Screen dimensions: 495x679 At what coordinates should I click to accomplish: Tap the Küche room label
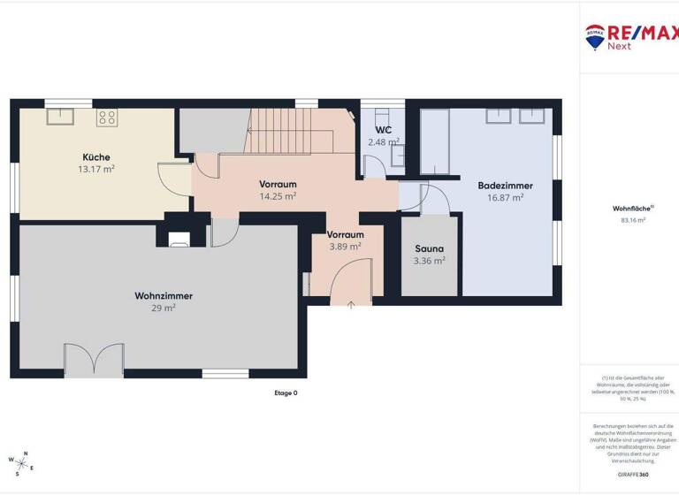[x=95, y=157]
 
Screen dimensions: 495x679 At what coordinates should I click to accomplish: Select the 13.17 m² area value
[x=95, y=168]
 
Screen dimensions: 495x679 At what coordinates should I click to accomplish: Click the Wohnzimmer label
[x=164, y=296]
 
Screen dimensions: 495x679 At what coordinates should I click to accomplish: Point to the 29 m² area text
[x=164, y=308]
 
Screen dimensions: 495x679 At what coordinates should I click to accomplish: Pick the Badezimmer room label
[x=505, y=186]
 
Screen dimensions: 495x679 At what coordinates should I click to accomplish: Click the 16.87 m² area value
[x=505, y=197]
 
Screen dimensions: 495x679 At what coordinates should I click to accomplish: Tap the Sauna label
[x=430, y=249]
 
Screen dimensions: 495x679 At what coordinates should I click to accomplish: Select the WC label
[x=383, y=130]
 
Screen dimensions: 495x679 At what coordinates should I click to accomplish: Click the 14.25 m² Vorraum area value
[x=278, y=196]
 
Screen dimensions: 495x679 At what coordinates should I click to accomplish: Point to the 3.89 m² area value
[x=345, y=247]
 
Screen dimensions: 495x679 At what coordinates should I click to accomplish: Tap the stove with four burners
[x=106, y=117]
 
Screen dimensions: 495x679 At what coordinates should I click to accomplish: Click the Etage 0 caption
[x=286, y=393]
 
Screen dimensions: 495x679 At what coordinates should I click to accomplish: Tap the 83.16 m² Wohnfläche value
[x=628, y=220]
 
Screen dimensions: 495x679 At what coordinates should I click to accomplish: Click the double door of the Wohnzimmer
[x=94, y=361]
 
